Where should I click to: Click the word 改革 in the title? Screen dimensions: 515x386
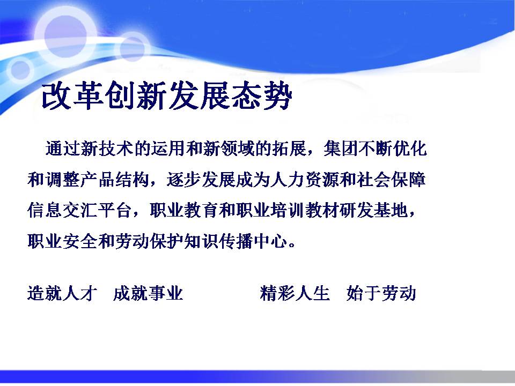pos(72,95)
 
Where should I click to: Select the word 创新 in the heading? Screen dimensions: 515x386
pos(136,95)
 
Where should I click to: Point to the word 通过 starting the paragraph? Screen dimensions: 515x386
pos(62,149)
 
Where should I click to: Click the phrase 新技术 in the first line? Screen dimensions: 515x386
pos(106,149)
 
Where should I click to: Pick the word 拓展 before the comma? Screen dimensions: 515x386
pos(289,149)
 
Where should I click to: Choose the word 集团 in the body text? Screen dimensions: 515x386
pos(341,149)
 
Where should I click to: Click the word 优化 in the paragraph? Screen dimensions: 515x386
pos(410,149)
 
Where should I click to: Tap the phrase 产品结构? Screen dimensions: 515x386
pos(114,179)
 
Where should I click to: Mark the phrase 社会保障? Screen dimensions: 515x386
pos(393,179)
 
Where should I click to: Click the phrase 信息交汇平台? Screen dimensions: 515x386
pos(79,210)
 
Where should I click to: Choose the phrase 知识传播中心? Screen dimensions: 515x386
pos(236,241)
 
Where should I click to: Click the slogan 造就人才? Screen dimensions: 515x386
pos(62,293)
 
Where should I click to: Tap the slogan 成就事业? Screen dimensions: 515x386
pos(148,293)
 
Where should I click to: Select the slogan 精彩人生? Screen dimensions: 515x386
pos(295,293)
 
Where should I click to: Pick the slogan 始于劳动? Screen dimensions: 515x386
pos(381,293)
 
